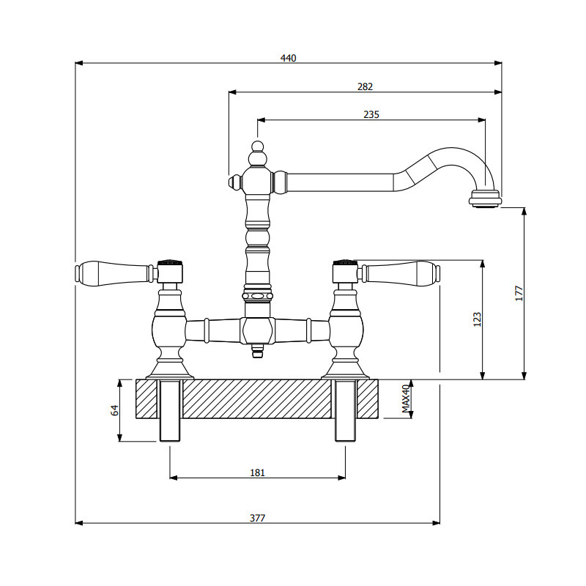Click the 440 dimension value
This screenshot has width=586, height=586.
[289, 58]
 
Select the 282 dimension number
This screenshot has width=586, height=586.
[365, 86]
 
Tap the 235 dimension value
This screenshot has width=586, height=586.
[371, 114]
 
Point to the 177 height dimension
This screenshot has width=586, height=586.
[519, 293]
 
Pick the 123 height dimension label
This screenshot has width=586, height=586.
[477, 319]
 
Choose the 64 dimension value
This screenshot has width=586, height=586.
[115, 410]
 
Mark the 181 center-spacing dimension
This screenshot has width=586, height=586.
[257, 472]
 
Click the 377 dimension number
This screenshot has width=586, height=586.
[257, 517]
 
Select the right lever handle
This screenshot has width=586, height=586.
[401, 273]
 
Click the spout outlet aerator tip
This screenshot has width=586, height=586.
[485, 199]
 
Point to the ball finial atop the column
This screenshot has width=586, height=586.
[256, 157]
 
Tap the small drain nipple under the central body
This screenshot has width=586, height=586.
[257, 352]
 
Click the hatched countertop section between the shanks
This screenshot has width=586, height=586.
[257, 399]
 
